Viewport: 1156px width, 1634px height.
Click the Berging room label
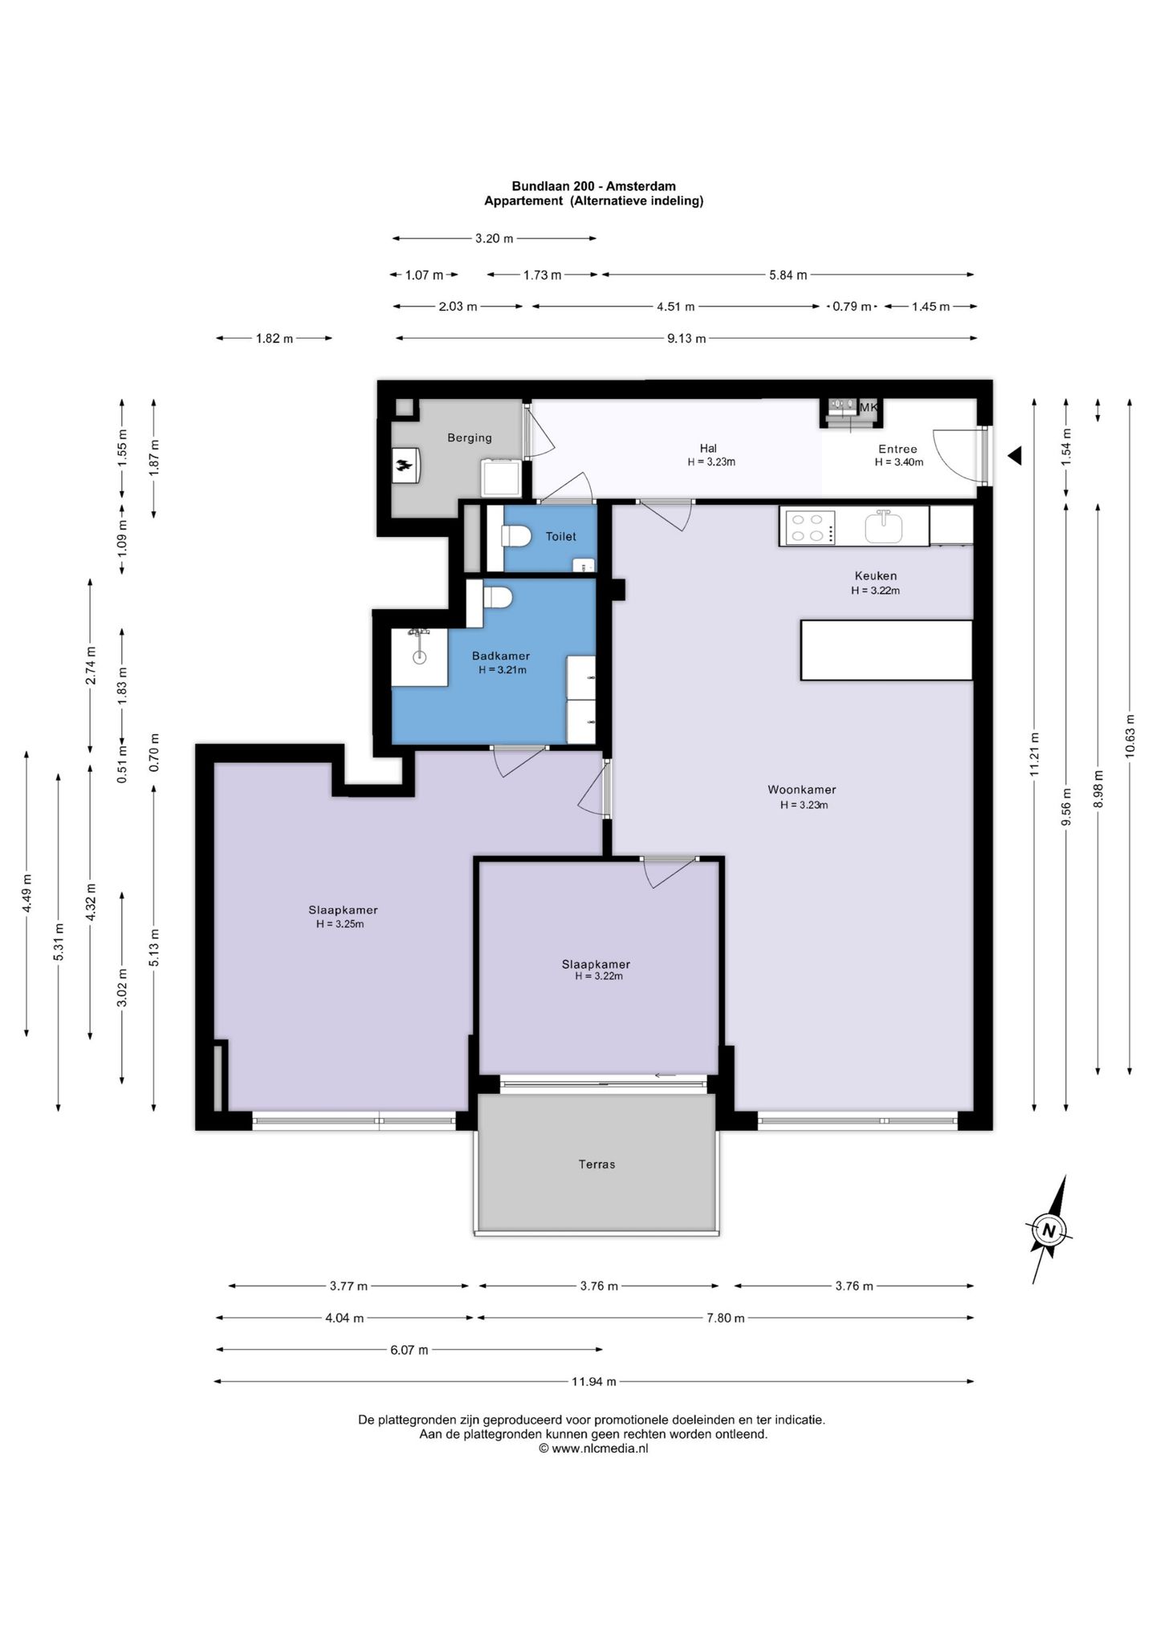pyautogui.click(x=470, y=437)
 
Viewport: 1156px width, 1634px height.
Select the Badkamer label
pyautogui.click(x=501, y=656)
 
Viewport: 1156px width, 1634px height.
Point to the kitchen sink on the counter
pyautogui.click(x=883, y=526)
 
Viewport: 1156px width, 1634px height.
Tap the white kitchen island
pyautogui.click(x=886, y=650)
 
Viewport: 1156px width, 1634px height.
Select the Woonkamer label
pyautogui.click(x=802, y=790)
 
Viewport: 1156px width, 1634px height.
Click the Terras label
pyautogui.click(x=596, y=1164)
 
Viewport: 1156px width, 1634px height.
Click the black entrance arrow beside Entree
pyautogui.click(x=1015, y=456)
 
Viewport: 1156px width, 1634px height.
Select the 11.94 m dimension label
pyautogui.click(x=594, y=1381)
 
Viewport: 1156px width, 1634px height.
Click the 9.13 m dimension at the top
pyautogui.click(x=686, y=339)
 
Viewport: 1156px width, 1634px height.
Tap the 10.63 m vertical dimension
pyautogui.click(x=1130, y=736)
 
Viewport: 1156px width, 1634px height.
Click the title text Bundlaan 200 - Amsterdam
pyautogui.click(x=594, y=186)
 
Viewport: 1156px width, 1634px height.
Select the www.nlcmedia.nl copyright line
pyautogui.click(x=593, y=1449)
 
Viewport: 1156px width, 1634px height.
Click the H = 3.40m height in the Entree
pyautogui.click(x=899, y=462)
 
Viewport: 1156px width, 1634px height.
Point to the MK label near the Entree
pyautogui.click(x=869, y=408)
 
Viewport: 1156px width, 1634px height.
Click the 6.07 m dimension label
pyautogui.click(x=409, y=1350)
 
